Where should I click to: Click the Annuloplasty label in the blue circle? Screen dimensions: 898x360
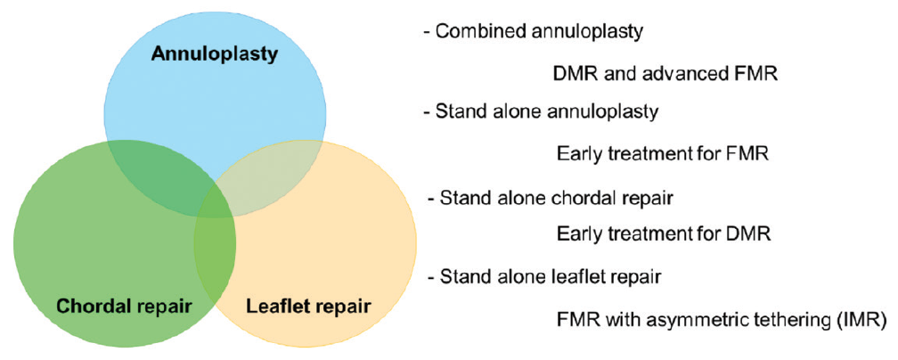pyautogui.click(x=215, y=54)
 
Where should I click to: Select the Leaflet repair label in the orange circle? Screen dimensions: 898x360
pyautogui.click(x=308, y=307)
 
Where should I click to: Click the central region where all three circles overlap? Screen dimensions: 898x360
pyautogui.click(x=216, y=201)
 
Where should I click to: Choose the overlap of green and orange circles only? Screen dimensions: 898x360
pyautogui.click(x=216, y=252)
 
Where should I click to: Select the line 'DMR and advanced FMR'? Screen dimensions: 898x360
pyautogui.click(x=665, y=74)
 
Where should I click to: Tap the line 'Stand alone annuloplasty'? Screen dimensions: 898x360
pyautogui.click(x=542, y=112)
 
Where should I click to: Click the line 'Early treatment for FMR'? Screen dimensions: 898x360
pyautogui.click(x=662, y=154)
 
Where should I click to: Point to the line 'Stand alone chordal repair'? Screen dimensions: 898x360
pyautogui.click(x=550, y=198)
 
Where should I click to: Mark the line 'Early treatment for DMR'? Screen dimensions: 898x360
pyautogui.click(x=663, y=233)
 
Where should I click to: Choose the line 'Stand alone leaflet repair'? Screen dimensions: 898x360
pyautogui.click(x=544, y=277)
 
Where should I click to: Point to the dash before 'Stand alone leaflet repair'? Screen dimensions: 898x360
pyautogui.click(x=430, y=278)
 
